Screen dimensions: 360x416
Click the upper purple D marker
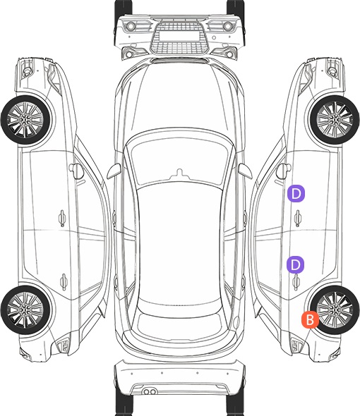coord(296,193)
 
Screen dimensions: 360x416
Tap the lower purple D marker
coord(295,264)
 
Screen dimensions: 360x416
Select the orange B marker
coord(310,319)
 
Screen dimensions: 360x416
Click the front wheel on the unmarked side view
coord(25,121)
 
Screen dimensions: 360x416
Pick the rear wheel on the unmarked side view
coord(25,310)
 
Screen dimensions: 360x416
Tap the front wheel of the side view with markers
coord(335,121)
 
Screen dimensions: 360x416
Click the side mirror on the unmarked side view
coord(76,171)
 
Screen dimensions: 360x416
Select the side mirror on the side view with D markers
coord(284,171)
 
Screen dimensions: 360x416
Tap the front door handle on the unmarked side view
coord(62,218)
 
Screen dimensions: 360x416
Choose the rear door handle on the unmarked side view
coord(64,281)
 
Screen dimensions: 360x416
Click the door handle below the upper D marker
coord(297,218)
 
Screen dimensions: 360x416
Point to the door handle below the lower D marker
coord(296,282)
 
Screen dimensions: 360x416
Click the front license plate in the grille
coord(179,36)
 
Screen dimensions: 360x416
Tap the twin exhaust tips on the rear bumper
coord(150,391)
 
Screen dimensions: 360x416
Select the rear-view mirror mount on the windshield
coord(180,173)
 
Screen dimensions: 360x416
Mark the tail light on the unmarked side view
coord(64,345)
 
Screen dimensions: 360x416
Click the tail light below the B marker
coord(296,345)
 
